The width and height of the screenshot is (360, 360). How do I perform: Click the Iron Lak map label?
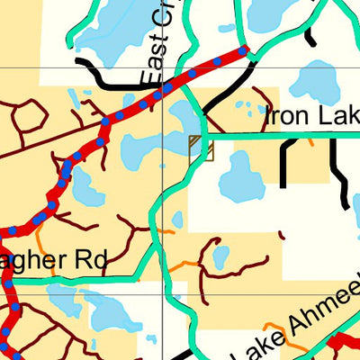(x=310, y=116)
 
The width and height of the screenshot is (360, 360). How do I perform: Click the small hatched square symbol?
(x=201, y=148)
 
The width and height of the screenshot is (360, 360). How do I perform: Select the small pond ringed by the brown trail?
(x=220, y=256)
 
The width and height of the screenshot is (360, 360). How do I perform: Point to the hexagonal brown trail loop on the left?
(x=30, y=116)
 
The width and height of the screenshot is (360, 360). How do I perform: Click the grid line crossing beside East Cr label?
(x=163, y=67)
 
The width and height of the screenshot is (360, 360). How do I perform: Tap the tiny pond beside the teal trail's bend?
(x=177, y=219)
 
